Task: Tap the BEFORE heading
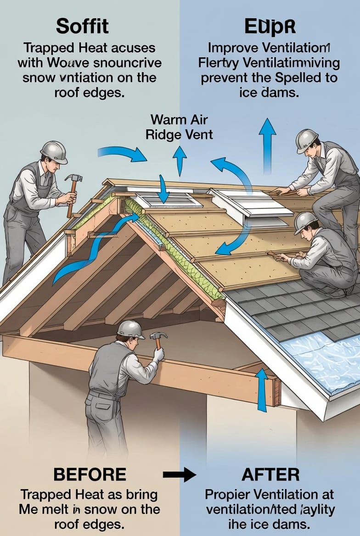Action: [90, 474]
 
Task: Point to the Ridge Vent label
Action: [179, 134]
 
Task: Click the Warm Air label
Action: [179, 120]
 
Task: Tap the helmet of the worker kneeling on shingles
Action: [305, 222]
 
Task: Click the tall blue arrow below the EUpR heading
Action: [267, 145]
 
